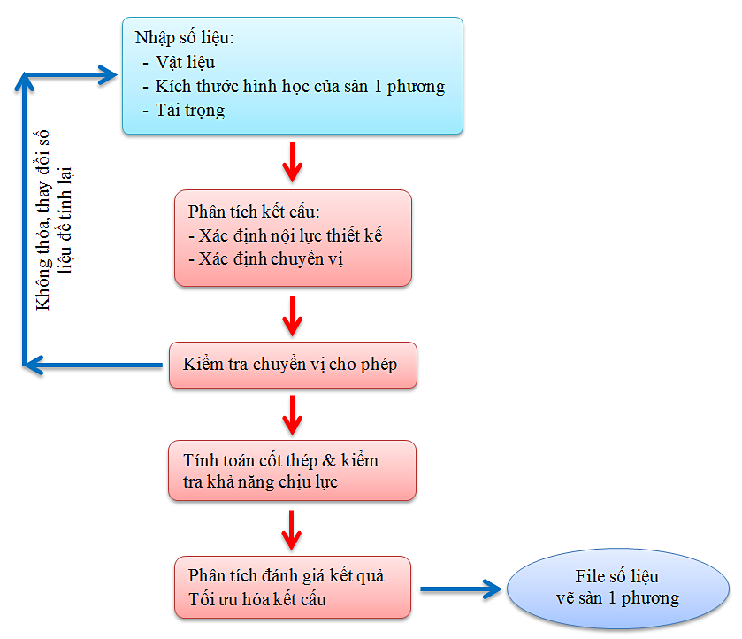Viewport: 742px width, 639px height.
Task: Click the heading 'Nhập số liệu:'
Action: point(184,39)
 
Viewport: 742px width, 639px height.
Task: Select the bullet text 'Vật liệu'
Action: point(185,63)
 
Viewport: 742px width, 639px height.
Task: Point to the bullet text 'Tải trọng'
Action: point(189,111)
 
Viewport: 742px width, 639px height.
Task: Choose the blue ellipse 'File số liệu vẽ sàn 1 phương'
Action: point(617,587)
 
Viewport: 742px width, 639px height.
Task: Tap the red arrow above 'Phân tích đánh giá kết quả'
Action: point(292,529)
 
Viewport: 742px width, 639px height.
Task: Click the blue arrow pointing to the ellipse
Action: point(460,589)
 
